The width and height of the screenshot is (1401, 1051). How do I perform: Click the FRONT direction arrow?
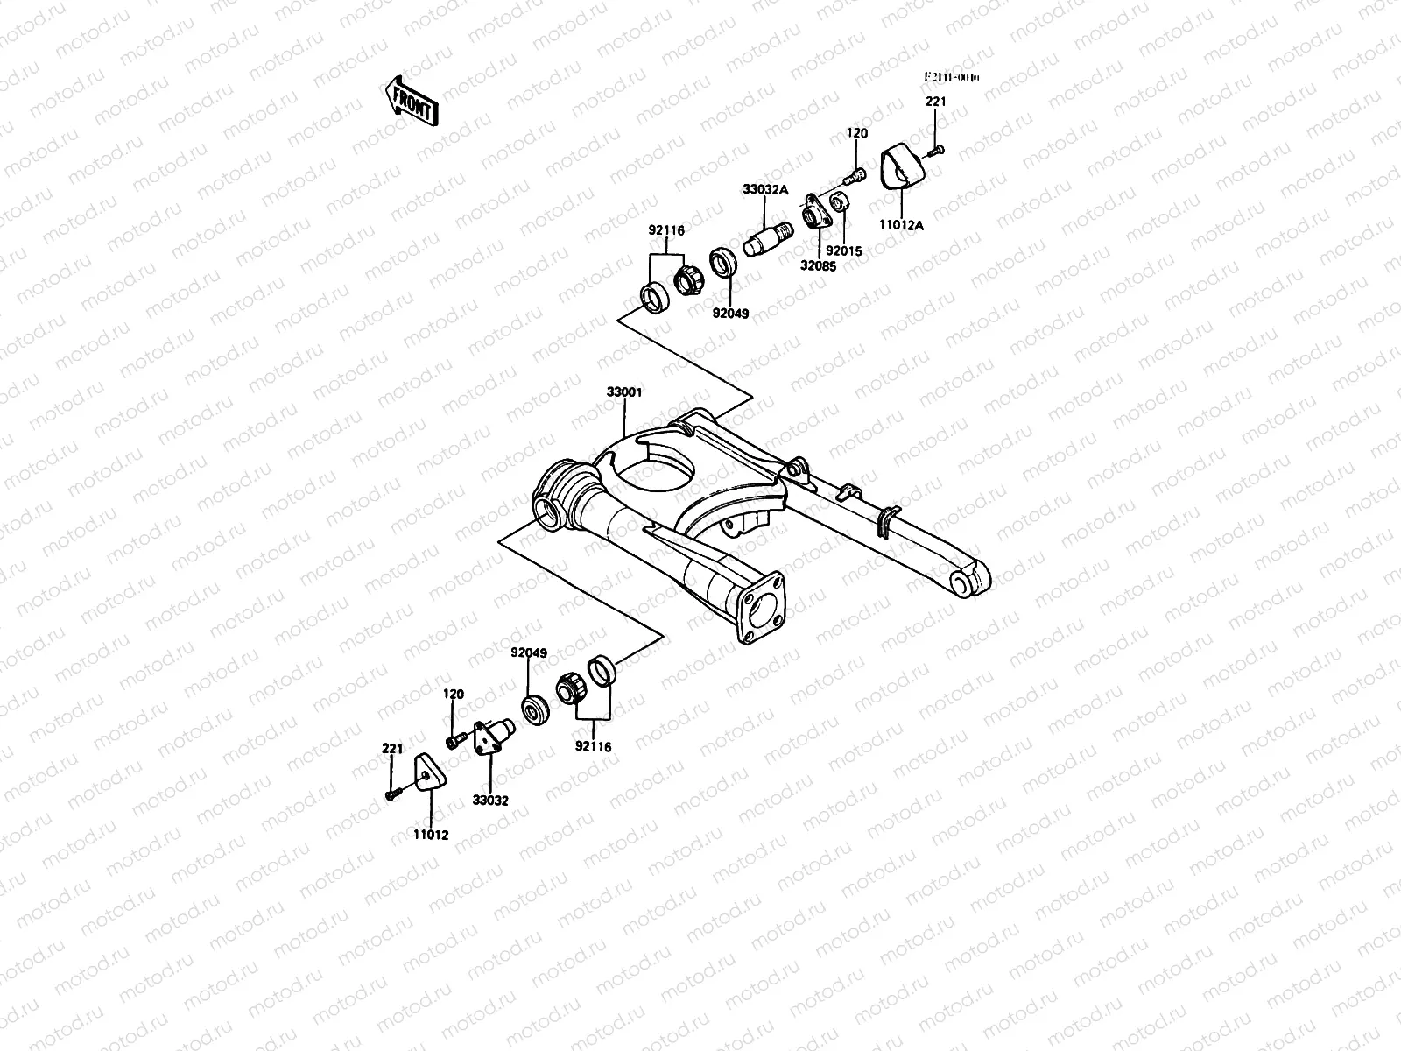pos(410,101)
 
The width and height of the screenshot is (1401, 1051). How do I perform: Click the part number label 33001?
pos(624,392)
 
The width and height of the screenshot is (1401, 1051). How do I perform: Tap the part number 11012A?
pos(903,225)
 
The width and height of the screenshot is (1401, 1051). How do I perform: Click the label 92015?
pos(845,251)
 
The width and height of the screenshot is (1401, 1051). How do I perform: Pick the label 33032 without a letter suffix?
pos(489,800)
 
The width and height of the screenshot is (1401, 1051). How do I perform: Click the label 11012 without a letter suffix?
pos(431,835)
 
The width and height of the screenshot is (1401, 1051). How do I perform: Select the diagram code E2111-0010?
pos(953,78)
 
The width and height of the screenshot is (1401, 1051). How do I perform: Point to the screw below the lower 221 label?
pos(391,794)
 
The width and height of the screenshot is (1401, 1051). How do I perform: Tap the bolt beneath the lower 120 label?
pos(453,742)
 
